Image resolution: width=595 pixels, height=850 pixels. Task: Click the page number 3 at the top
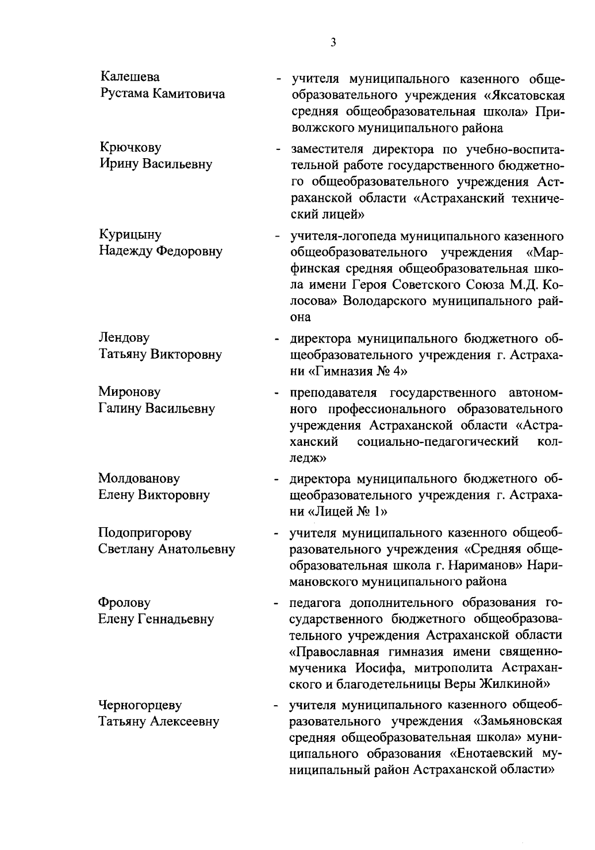pyautogui.click(x=333, y=43)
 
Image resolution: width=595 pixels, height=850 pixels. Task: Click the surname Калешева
pyautogui.click(x=130, y=77)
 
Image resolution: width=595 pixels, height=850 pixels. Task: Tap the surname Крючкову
pyautogui.click(x=130, y=148)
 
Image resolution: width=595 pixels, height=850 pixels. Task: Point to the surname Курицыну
pyautogui.click(x=130, y=235)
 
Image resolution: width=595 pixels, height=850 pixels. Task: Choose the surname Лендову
pyautogui.click(x=124, y=338)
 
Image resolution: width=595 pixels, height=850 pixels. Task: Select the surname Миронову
pyautogui.click(x=129, y=392)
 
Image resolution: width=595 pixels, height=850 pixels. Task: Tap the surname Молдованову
pyautogui.click(x=139, y=479)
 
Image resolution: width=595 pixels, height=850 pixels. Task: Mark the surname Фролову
pyautogui.click(x=124, y=603)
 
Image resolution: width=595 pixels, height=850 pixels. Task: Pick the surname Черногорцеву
pyautogui.click(x=140, y=705)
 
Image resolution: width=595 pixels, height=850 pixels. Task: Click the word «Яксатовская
pyautogui.click(x=525, y=95)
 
